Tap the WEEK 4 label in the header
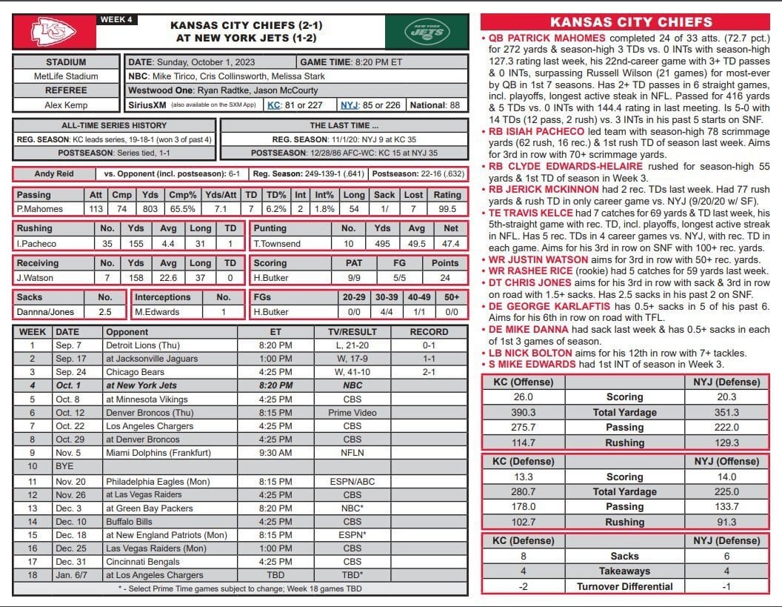pos(116,19)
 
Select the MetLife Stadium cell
pos(66,76)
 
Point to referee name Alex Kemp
pos(66,105)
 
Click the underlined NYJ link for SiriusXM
pos(349,105)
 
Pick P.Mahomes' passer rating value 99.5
pos(447,209)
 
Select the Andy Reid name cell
pos(55,174)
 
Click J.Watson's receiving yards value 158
pos(136,278)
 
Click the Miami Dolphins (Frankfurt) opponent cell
pos(158,453)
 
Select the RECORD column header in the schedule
pos(429,332)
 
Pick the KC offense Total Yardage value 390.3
pos(523,412)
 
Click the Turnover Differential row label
pos(624,586)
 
